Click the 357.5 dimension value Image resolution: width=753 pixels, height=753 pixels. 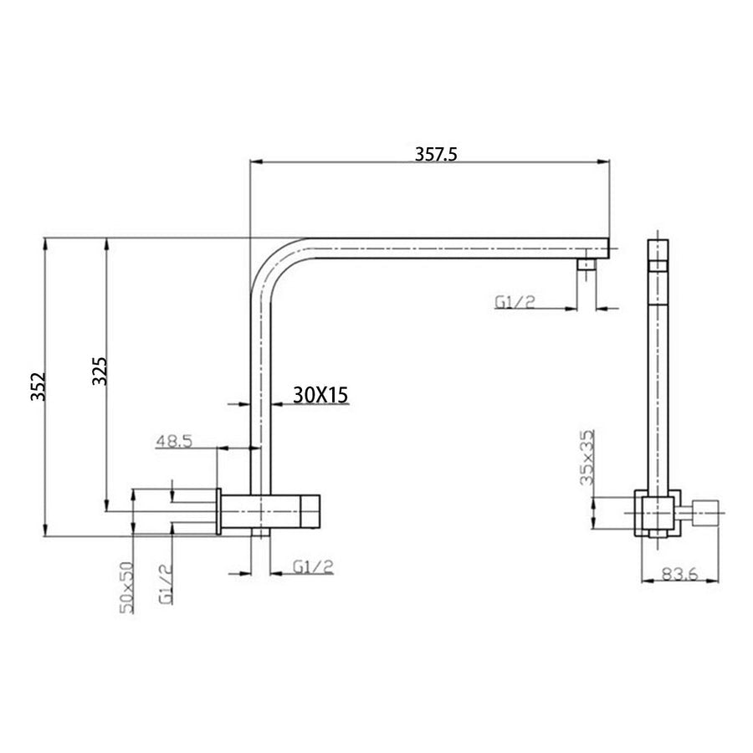pyautogui.click(x=438, y=154)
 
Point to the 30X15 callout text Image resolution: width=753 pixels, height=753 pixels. pyautogui.click(x=320, y=393)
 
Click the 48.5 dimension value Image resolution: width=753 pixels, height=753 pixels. pyautogui.click(x=173, y=440)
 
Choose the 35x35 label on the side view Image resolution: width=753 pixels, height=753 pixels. pyautogui.click(x=587, y=458)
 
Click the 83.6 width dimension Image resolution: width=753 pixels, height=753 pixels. pyautogui.click(x=679, y=573)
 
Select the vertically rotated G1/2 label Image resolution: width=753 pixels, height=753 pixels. pyautogui.click(x=166, y=583)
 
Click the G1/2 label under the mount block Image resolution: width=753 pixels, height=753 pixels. pyautogui.click(x=313, y=566)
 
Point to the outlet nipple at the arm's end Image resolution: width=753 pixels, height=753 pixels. pyautogui.click(x=588, y=266)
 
